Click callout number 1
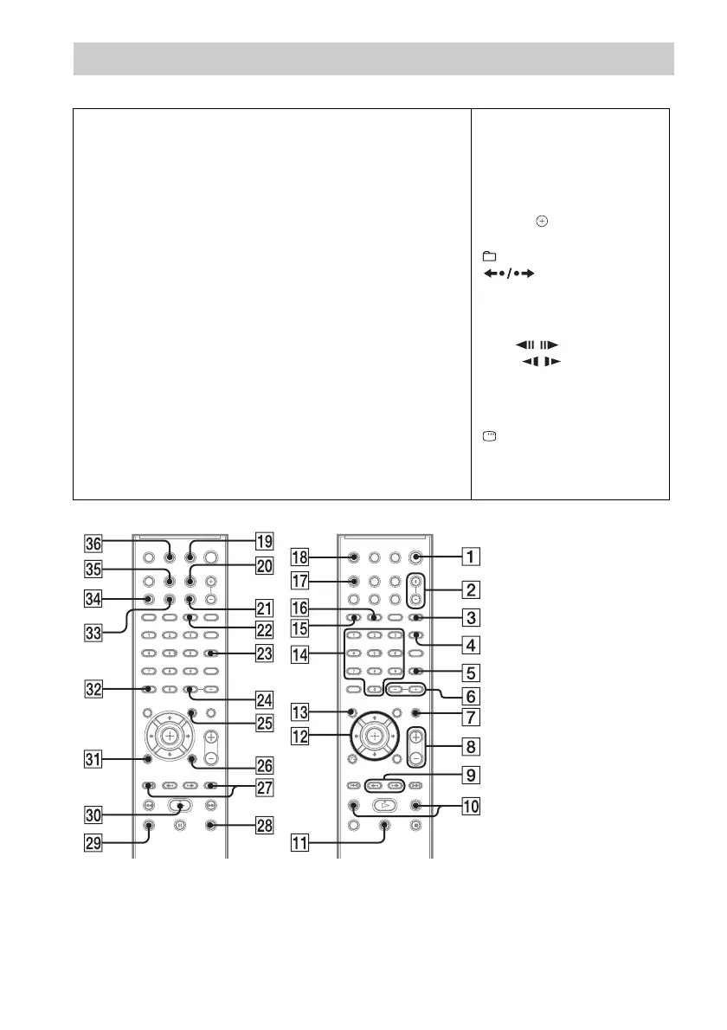pos(471,557)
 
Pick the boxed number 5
pos(471,672)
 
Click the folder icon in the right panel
pos(490,256)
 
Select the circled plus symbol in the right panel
pos(542,222)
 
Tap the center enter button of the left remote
pos(169,735)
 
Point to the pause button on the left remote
pos(179,826)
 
